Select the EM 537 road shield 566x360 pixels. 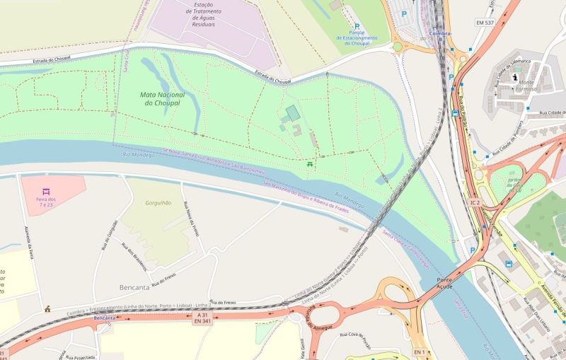point(485,23)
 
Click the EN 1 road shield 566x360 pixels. point(420,352)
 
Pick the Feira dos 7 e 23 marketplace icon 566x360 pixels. point(46,192)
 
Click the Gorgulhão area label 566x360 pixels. point(158,202)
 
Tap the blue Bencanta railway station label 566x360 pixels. point(104,319)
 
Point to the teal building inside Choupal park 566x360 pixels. point(292,112)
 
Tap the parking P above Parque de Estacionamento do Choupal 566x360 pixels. point(357,26)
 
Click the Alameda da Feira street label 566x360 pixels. point(30,245)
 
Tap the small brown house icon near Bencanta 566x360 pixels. point(47,308)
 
